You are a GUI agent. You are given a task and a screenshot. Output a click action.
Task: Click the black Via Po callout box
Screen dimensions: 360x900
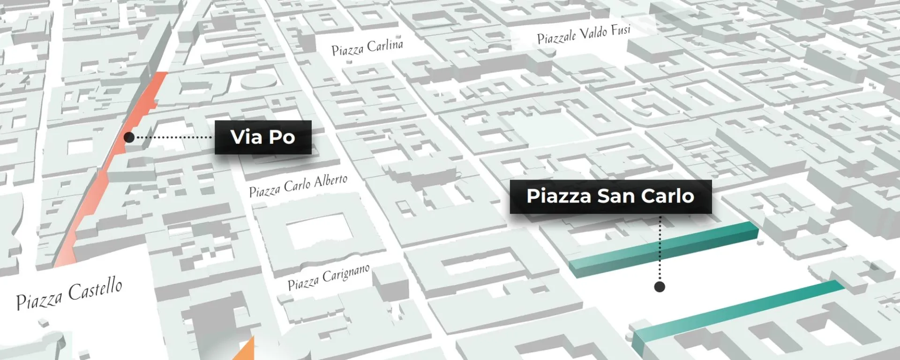tap(263, 137)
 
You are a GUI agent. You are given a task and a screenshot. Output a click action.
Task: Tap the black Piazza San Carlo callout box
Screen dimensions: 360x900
tap(610, 196)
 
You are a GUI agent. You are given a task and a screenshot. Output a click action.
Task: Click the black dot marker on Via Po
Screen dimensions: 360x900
tap(129, 137)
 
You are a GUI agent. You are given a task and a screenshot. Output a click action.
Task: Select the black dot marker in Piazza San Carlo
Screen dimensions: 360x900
tap(660, 287)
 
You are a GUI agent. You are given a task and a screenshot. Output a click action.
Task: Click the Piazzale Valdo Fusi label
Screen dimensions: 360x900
tap(584, 34)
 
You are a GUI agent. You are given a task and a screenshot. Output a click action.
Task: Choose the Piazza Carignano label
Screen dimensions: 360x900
tap(329, 277)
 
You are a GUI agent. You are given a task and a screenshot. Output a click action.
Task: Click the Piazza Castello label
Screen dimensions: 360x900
tap(69, 293)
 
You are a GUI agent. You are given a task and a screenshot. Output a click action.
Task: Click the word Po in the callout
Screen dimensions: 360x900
tap(282, 137)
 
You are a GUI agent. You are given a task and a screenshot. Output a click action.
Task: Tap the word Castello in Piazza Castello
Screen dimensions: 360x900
tap(95, 288)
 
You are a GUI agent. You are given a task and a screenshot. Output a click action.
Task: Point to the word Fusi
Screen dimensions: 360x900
tap(620, 30)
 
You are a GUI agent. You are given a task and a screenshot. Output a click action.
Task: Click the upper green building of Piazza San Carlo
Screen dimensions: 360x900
tap(663, 248)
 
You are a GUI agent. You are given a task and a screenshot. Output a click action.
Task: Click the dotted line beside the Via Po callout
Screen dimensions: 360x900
tap(173, 137)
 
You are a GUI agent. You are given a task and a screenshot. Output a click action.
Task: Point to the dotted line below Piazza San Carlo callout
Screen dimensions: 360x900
tap(660, 248)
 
